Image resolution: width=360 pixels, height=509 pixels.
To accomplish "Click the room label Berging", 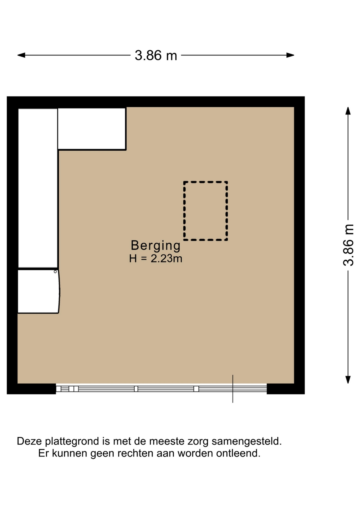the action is [x=156, y=246].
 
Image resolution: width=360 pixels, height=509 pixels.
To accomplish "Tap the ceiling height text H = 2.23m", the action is [x=156, y=259].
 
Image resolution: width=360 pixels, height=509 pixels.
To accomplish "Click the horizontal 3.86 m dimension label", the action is [x=156, y=55].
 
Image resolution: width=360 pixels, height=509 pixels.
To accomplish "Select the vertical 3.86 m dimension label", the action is [x=348, y=245].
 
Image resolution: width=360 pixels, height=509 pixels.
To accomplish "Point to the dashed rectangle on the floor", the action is [x=184, y=211].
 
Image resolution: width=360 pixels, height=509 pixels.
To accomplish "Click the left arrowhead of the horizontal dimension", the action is [x=21, y=55].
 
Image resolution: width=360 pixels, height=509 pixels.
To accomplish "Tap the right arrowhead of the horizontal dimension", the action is [x=290, y=55].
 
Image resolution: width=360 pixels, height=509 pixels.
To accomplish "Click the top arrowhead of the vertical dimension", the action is [x=348, y=111].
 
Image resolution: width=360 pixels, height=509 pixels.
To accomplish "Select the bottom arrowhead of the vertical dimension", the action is [x=348, y=380].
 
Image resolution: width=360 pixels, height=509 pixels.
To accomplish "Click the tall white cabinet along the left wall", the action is [x=38, y=188].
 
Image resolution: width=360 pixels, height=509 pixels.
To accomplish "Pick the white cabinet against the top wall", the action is [x=92, y=129].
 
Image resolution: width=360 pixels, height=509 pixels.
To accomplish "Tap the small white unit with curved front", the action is [x=39, y=291].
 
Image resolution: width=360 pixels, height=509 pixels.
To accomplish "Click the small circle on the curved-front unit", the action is [x=55, y=272].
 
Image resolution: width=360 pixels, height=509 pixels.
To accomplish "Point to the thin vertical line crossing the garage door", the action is [x=233, y=389].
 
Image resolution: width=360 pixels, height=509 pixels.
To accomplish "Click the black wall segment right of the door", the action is [x=286, y=389].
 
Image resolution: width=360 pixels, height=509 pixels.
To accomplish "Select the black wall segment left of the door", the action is [x=31, y=389].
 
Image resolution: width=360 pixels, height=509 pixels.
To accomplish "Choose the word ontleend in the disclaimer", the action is [x=238, y=453].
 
